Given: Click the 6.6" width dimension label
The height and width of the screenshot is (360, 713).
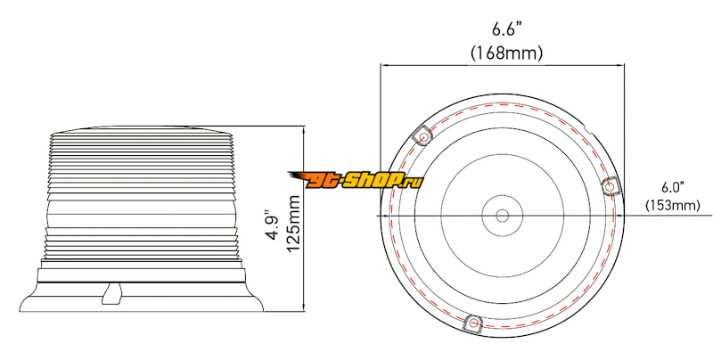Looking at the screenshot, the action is pyautogui.click(x=506, y=30).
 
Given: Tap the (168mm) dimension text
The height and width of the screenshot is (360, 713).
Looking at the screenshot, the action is pyautogui.click(x=506, y=53).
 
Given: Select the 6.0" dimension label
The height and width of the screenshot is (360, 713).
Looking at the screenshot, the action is pyautogui.click(x=673, y=187).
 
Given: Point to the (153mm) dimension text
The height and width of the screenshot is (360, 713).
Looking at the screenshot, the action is pyautogui.click(x=673, y=206).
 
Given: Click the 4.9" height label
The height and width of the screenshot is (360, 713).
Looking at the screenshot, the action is pyautogui.click(x=274, y=225).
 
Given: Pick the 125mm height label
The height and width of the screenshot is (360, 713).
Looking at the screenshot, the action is pyautogui.click(x=293, y=224).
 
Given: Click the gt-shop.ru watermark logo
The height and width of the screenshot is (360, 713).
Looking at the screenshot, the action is pyautogui.click(x=356, y=180).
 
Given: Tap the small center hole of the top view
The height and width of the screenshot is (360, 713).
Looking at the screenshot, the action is pyautogui.click(x=502, y=216).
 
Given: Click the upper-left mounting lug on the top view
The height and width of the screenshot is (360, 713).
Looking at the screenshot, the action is pyautogui.click(x=422, y=135).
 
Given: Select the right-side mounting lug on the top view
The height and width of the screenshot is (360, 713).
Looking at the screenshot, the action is pyautogui.click(x=611, y=186).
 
